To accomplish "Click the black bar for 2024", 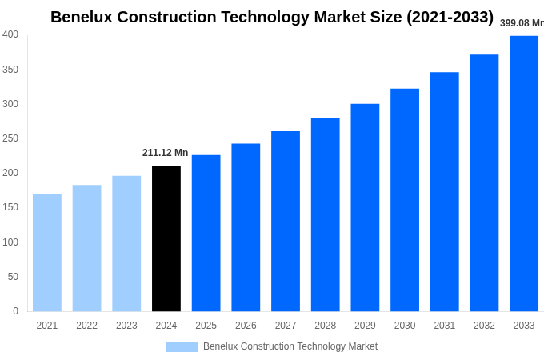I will (166, 238).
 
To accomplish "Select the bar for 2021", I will (47, 252).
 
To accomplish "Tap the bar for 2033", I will (524, 174).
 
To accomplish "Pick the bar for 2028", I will (326, 214).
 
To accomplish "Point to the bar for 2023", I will (126, 243).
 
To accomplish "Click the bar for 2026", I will (246, 227).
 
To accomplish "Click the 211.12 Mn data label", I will (166, 153).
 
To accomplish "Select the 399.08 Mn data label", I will (522, 23).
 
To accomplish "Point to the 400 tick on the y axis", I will (10, 34).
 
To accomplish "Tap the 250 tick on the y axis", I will (10, 138).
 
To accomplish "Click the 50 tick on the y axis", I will (13, 277).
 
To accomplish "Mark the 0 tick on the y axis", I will (15, 311).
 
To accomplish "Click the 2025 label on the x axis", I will (206, 326).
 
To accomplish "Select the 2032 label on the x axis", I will (484, 326).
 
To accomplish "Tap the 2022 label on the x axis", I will (86, 326).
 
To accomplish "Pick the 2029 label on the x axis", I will (365, 326).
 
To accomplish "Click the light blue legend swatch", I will (182, 347).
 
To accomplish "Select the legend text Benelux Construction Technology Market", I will (290, 346).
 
